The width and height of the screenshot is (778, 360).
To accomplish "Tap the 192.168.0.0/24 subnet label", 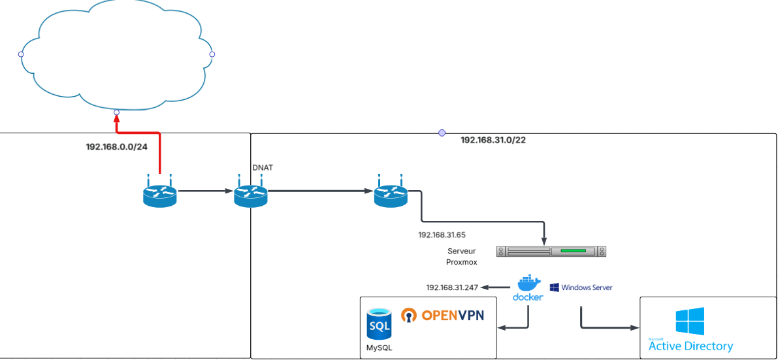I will coord(116,146).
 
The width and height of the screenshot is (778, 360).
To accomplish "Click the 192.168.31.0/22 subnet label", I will coord(493,140).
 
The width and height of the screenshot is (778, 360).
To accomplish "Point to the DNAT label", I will coord(263,168).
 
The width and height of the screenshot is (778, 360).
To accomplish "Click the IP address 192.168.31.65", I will coord(442,233).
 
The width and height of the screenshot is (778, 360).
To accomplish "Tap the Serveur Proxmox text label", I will coord(462,256).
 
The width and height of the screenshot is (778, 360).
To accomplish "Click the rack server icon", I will coord(551,251).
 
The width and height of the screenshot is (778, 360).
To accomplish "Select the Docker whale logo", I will coord(528,284).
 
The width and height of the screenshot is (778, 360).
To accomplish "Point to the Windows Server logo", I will coord(581,287).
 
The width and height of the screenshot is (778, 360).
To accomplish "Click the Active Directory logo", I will coord(690,331).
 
